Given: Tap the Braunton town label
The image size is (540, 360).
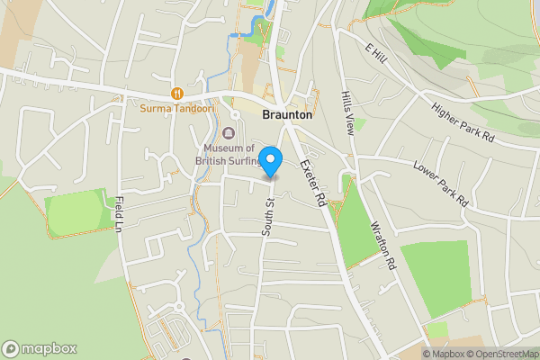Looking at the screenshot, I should [287, 115].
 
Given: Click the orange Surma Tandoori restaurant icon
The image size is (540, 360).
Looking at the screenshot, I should [177, 92].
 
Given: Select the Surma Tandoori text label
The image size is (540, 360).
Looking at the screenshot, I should [177, 109].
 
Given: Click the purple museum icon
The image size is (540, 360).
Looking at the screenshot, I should [228, 134].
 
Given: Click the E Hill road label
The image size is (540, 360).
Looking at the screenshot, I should [375, 54].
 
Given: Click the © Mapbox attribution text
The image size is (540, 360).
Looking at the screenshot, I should [441, 353].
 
